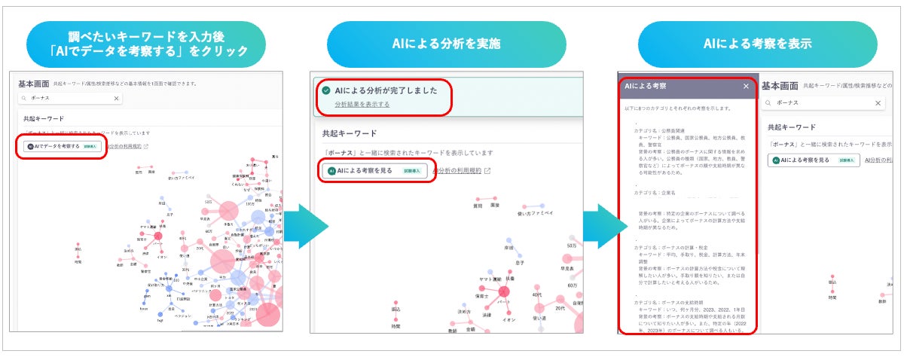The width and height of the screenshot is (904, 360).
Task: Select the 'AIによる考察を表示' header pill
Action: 757,44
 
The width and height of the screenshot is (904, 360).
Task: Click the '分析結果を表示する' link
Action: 362,104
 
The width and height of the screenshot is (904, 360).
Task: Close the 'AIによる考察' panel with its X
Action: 746,87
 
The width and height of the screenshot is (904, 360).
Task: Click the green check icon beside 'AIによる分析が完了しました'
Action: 325,90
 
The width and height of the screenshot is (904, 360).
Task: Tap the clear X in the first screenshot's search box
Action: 117,99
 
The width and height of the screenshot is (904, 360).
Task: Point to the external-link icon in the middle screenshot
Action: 487,171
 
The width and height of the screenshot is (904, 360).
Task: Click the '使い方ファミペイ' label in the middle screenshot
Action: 535,214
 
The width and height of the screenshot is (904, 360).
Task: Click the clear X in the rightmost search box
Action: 878,103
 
